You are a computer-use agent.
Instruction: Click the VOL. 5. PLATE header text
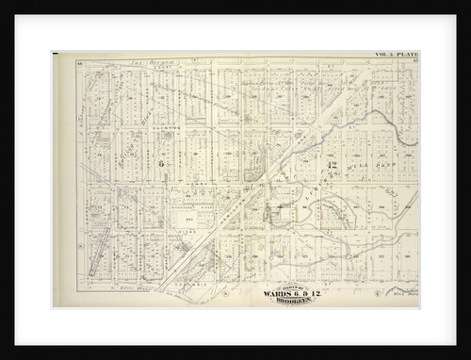pyautogui.click(x=396, y=56)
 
